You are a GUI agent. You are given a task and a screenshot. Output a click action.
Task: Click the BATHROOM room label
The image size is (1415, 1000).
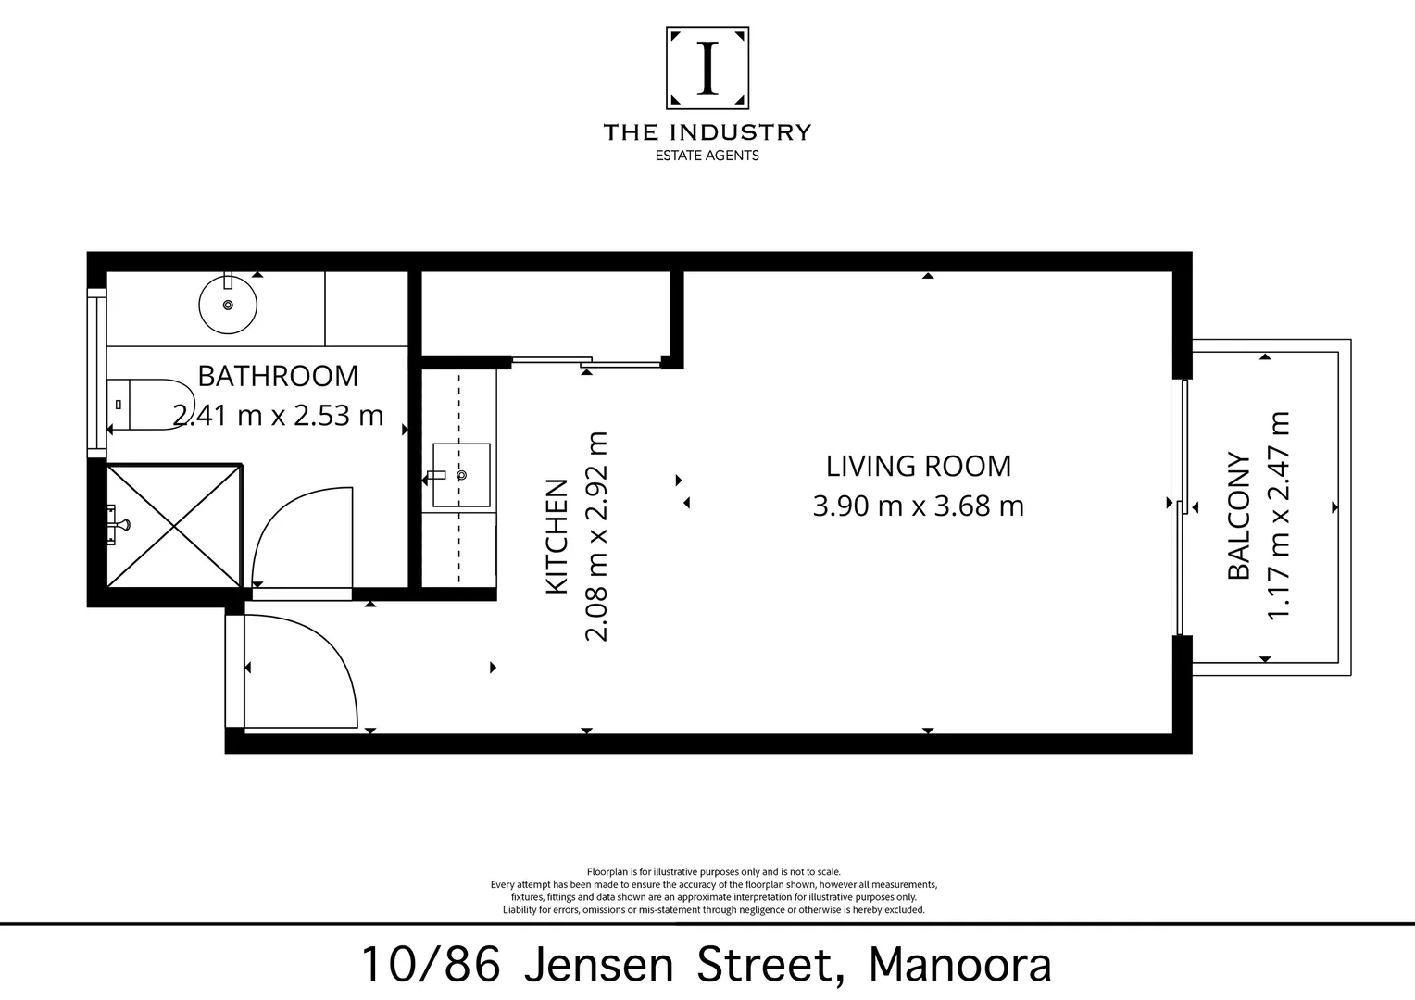(278, 376)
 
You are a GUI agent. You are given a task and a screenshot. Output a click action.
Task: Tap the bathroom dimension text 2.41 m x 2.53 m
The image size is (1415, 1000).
(278, 415)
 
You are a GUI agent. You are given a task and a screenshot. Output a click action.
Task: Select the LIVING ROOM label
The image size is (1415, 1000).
(919, 466)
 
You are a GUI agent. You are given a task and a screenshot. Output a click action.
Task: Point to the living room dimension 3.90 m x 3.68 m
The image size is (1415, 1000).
(919, 506)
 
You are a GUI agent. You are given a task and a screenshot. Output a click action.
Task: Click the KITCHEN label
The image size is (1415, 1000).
(557, 536)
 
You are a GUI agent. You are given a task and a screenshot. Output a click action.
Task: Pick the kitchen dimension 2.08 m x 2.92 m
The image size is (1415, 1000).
(596, 536)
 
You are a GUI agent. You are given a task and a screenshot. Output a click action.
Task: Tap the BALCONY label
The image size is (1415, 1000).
(1238, 516)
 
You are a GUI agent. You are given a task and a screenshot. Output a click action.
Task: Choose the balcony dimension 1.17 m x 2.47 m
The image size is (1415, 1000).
(1278, 516)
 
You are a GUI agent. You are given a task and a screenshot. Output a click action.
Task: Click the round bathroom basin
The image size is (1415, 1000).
(228, 303)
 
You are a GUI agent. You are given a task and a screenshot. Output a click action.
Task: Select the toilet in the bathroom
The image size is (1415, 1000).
(146, 405)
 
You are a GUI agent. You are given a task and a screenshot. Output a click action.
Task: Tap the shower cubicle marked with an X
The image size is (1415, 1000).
(174, 526)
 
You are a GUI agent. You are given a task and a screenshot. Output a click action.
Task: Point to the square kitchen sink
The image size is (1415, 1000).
(461, 475)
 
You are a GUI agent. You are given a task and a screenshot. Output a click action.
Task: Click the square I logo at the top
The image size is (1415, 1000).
(707, 69)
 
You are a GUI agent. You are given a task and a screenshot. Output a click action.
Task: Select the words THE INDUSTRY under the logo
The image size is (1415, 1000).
(707, 132)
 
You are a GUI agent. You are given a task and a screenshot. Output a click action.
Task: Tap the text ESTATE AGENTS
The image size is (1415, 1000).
(707, 156)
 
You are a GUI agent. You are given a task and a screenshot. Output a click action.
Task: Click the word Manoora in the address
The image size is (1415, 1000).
(959, 965)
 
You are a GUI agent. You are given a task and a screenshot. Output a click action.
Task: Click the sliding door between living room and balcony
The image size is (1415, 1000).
(1182, 507)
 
